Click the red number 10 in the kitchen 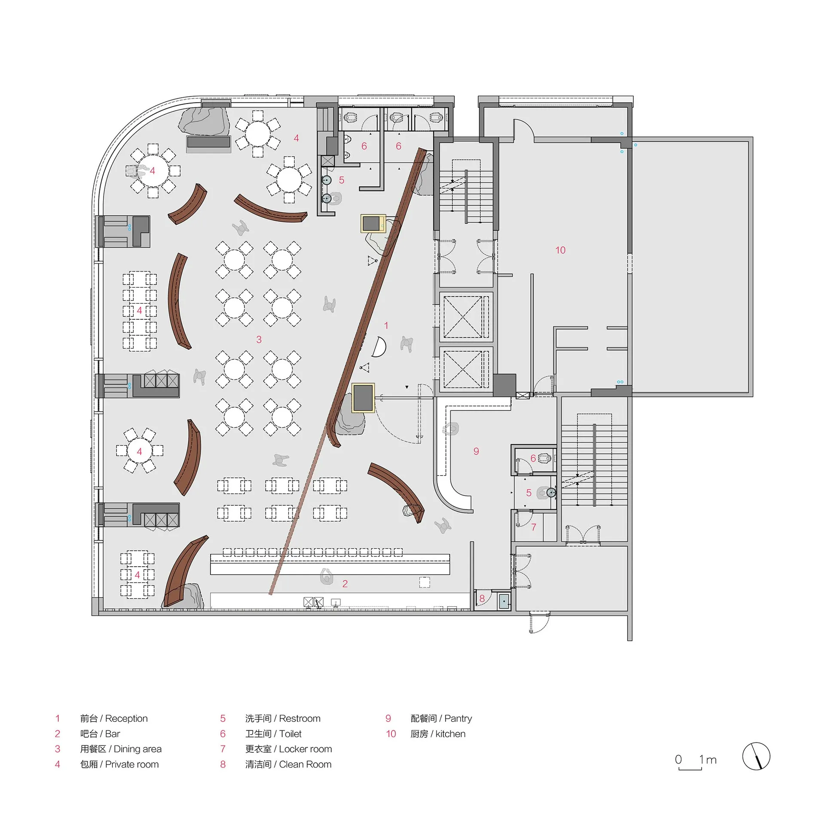(x=560, y=250)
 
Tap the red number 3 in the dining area (x=259, y=339)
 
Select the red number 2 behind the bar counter (x=345, y=584)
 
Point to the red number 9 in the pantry (x=476, y=451)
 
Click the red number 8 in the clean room (x=482, y=599)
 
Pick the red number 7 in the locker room (x=534, y=527)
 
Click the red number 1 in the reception (x=386, y=326)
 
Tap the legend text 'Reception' (x=126, y=718)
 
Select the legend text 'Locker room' (x=306, y=749)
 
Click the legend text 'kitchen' (x=450, y=734)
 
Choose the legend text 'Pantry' (x=458, y=718)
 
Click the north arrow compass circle (x=756, y=756)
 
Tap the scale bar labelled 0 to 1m (x=690, y=768)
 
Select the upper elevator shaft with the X (x=465, y=317)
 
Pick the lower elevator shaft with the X (x=465, y=370)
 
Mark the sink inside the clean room (x=504, y=601)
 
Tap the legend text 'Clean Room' (x=305, y=764)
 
